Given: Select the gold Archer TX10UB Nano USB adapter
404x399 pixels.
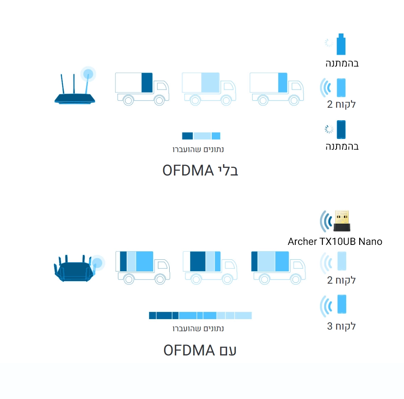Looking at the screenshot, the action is click(342, 221).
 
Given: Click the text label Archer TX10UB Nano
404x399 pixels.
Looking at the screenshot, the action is click(335, 242).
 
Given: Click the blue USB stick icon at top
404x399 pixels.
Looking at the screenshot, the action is click(341, 44).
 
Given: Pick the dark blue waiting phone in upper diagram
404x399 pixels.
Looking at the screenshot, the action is click(341, 130).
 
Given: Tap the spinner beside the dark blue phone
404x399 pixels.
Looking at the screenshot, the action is click(329, 129).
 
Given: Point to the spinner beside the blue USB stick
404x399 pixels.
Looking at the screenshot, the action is click(329, 43).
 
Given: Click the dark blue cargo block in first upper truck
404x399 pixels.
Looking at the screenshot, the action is click(147, 83).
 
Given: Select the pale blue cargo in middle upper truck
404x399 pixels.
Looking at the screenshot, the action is click(210, 83).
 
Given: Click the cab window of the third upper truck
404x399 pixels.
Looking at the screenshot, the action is click(296, 86).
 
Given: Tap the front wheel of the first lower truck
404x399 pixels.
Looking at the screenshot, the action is click(160, 279).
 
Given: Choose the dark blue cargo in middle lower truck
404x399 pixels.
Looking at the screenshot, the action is click(198, 261).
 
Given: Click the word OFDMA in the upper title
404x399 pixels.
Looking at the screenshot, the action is click(188, 170).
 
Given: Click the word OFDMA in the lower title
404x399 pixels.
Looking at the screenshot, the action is click(189, 350).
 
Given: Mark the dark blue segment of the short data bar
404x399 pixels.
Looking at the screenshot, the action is click(187, 136).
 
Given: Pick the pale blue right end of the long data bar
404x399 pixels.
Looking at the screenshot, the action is click(243, 315).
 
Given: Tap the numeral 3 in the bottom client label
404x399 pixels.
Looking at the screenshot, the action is click(330, 326).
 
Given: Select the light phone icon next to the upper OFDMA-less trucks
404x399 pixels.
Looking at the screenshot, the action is click(341, 88).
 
